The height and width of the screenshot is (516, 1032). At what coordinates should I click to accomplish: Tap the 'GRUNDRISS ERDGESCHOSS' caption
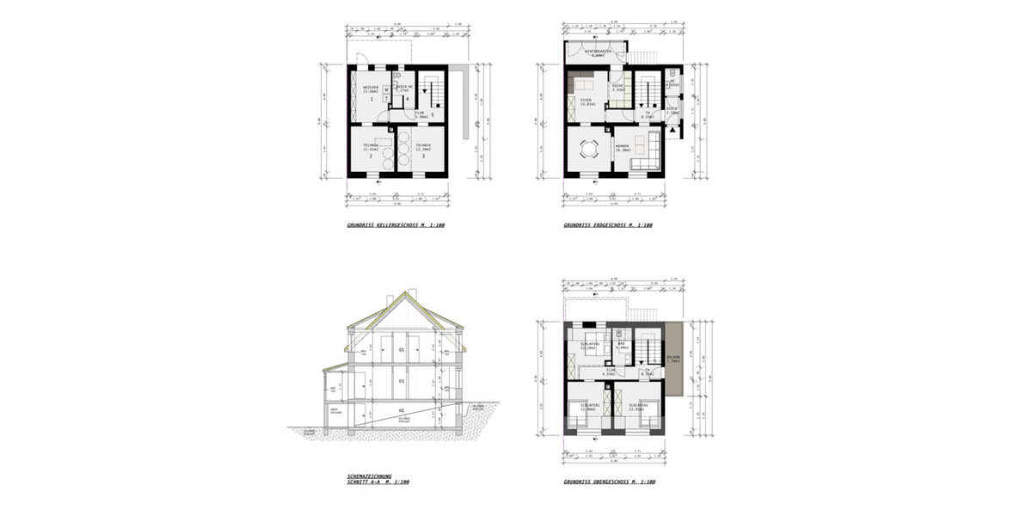pos(608,225)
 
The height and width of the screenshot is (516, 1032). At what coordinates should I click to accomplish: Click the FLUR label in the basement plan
pos(420,112)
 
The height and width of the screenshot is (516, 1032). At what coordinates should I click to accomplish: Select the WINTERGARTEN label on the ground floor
pos(598,52)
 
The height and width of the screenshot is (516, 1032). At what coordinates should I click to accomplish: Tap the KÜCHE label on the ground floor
pos(617,88)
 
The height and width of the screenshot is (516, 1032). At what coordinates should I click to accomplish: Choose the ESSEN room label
pos(587,101)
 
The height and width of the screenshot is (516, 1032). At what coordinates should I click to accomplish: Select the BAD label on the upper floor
pos(621,344)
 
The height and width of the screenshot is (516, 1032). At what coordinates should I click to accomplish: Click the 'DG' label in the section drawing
pos(401,350)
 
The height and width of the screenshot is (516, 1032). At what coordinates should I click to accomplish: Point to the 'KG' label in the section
pos(401,412)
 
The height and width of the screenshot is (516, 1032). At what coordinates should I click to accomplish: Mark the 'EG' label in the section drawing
pos(401,379)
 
